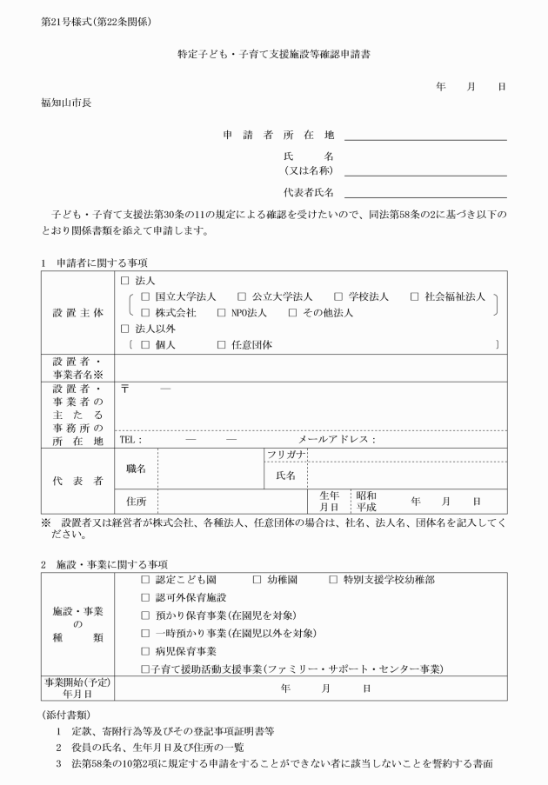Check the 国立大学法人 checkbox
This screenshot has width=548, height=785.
[145, 296]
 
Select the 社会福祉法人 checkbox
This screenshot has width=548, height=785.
[415, 296]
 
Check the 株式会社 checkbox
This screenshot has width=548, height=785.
[145, 312]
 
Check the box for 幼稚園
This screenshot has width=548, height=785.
[257, 578]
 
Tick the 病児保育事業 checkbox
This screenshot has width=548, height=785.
[145, 650]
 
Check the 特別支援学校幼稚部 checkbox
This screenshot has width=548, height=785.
[334, 578]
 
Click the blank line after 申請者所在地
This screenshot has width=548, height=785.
[425, 136]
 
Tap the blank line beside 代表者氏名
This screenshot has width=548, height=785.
[425, 193]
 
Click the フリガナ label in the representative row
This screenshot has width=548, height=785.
[285, 455]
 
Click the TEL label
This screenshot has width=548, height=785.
[130, 439]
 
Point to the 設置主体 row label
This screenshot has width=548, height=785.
[77, 312]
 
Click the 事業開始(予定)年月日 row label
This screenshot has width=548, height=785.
[77, 688]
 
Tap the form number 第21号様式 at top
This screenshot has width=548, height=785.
[66, 20]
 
